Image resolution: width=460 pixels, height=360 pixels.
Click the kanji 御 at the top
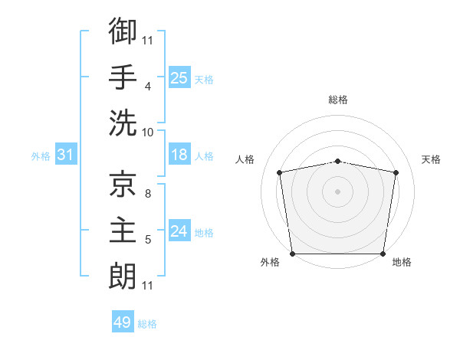click(123, 31)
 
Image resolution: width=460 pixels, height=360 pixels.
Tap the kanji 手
click(123, 77)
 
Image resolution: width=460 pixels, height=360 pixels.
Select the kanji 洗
click(123, 123)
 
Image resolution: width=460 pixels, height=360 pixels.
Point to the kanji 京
click(123, 184)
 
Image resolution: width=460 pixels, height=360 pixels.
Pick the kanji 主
click(123, 230)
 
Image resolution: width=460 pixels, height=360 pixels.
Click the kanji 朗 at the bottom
click(123, 276)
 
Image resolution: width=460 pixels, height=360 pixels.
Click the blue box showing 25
click(179, 77)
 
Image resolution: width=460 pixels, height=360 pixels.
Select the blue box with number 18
click(179, 154)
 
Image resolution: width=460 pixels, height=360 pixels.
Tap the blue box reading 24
click(179, 230)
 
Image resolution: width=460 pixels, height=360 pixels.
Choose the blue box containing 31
click(66, 154)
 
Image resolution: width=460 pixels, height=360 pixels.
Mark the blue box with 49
click(123, 321)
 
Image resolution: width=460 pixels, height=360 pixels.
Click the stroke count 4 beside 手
click(148, 87)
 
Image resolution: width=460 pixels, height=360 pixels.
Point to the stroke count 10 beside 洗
click(147, 133)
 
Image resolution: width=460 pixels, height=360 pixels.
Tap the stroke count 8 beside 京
click(148, 193)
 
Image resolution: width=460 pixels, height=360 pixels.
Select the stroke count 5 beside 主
click(148, 239)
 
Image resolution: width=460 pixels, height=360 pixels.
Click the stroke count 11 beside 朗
click(147, 285)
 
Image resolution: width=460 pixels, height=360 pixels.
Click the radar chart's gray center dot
click(337, 191)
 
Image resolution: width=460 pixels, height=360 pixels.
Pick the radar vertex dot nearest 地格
click(383, 254)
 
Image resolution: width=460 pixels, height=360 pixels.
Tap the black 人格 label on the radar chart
click(245, 159)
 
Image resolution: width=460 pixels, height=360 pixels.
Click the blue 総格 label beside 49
click(147, 324)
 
